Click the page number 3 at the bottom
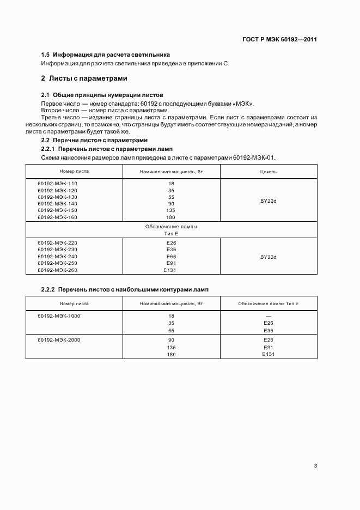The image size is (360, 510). tap(315, 466)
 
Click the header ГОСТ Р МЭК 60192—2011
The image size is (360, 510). tap(279, 40)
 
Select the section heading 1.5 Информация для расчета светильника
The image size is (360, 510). tap(106, 55)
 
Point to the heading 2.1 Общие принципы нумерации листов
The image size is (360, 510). tap(102, 95)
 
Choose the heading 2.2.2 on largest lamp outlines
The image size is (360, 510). tap(125, 289)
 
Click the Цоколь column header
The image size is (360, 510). tap(269, 171)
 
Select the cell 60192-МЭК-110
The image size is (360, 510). tap(57, 184)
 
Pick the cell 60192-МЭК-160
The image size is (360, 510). tap(57, 217)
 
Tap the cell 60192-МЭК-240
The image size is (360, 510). tap(57, 256)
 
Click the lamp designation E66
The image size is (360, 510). tap(171, 256)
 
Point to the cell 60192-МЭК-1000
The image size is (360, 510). tap(59, 315)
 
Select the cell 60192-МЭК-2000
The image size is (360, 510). tap(59, 340)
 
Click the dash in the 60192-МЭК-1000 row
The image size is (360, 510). tap(268, 316)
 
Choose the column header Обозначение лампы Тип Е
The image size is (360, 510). tap(268, 303)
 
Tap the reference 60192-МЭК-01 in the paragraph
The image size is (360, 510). tap(254, 158)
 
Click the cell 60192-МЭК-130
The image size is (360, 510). tap(57, 197)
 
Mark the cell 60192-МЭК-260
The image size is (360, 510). tap(57, 270)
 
